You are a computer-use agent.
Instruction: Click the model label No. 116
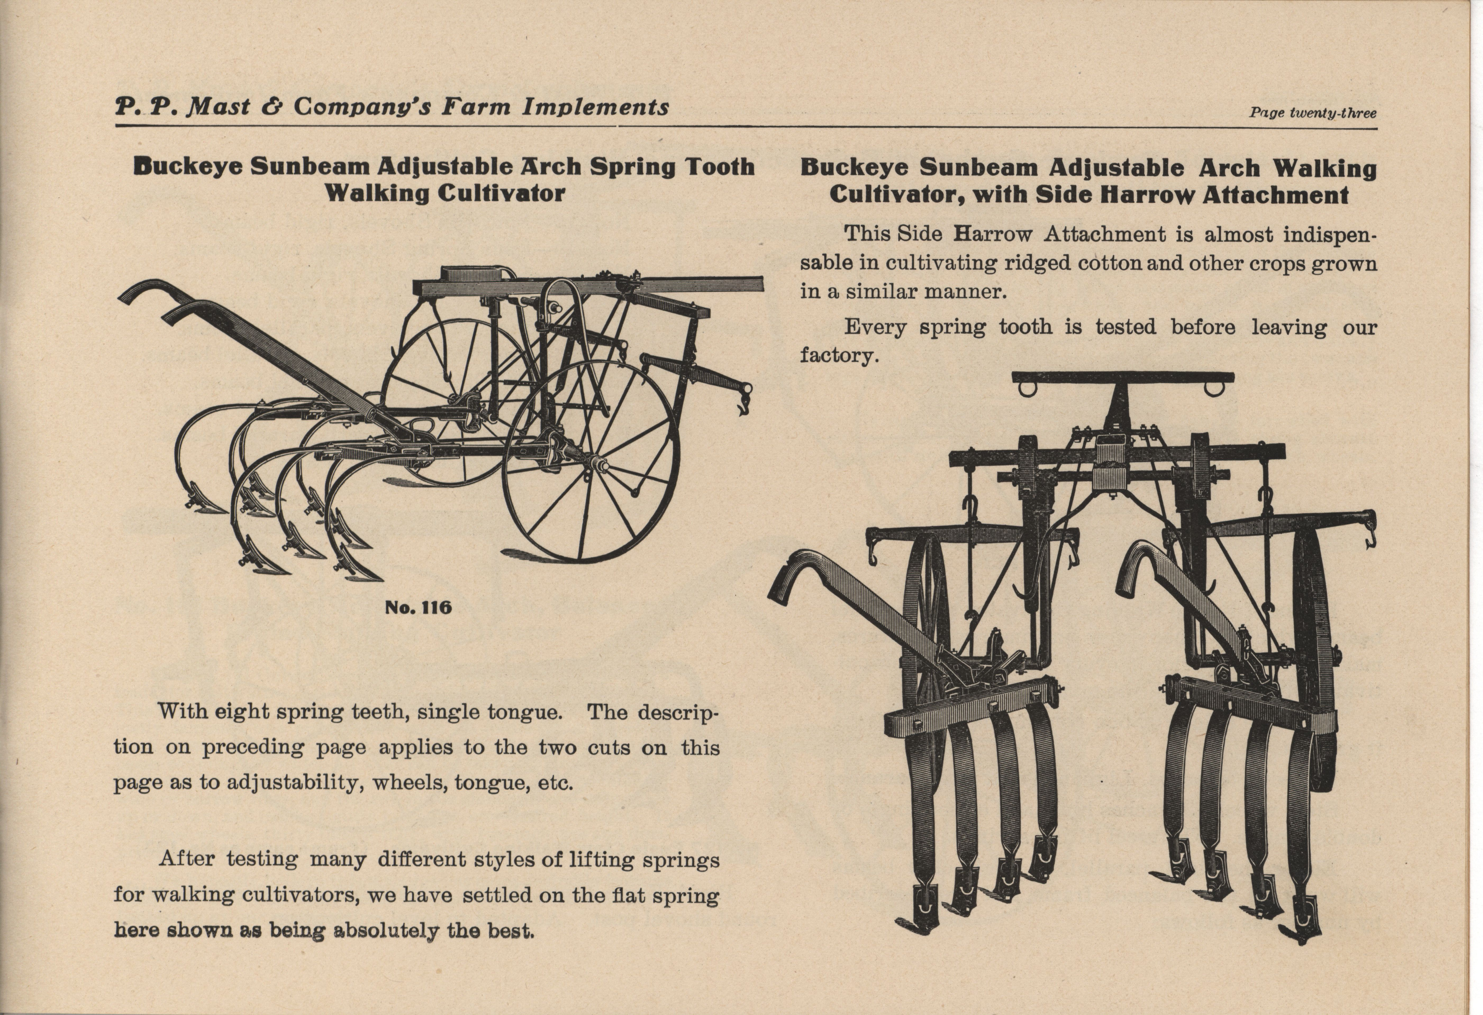tap(418, 607)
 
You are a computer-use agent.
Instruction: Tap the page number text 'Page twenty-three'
tap(1313, 114)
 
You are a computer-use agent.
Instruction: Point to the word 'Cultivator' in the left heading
tap(501, 193)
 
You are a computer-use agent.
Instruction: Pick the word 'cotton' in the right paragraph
tap(1110, 264)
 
